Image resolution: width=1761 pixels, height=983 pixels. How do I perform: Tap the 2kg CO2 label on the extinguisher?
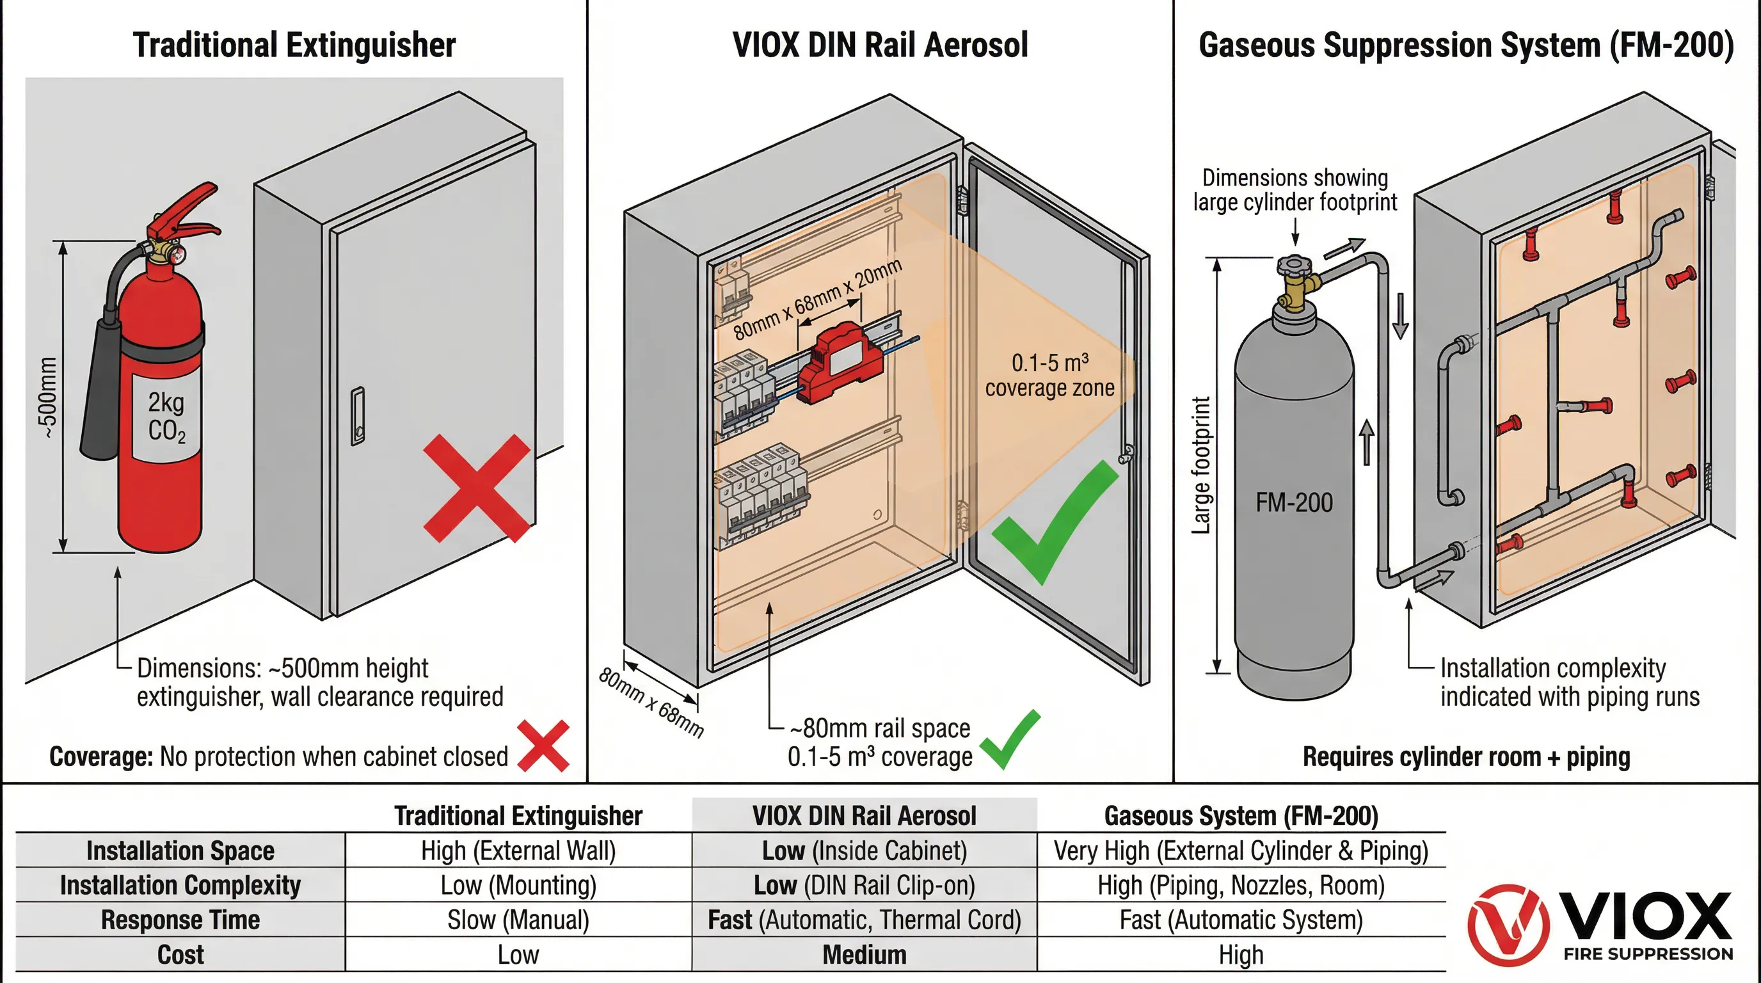tap(166, 415)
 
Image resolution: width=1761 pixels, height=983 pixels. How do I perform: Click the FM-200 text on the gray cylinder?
tap(1293, 502)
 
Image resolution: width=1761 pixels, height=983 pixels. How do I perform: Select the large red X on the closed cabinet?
tap(477, 488)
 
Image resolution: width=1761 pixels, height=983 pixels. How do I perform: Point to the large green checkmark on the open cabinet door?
tap(1053, 523)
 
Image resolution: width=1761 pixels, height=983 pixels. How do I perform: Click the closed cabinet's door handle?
tap(358, 415)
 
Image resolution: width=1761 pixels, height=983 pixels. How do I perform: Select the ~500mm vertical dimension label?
tap(47, 397)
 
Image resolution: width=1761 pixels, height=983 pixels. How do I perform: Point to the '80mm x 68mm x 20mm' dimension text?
tap(817, 300)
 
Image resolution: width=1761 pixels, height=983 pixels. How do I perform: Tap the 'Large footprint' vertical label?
tap(1200, 465)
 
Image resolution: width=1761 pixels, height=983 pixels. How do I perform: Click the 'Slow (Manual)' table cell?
tap(518, 920)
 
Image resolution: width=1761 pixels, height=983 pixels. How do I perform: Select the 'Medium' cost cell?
tap(864, 954)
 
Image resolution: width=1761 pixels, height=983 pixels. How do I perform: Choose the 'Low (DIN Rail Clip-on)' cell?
tap(864, 884)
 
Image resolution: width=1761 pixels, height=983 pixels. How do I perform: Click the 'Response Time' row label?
tap(180, 920)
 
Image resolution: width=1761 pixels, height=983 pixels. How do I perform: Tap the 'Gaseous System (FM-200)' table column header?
tap(1241, 815)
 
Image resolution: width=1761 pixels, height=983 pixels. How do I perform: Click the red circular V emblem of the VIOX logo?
tap(1508, 924)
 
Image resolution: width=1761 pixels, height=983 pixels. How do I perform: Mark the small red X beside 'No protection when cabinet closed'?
tap(543, 746)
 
